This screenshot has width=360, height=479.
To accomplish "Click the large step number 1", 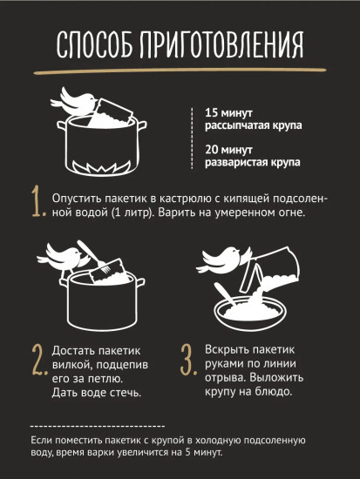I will (37, 202).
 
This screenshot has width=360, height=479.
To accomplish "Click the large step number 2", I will (37, 359).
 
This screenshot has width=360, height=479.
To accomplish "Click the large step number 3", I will (187, 359).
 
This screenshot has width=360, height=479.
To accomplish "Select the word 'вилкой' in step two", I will (71, 364).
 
